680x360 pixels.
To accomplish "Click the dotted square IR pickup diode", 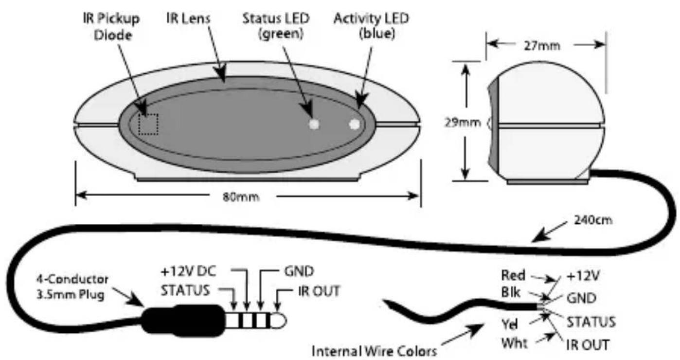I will coord(148,125).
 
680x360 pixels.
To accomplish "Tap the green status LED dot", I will coord(314,124).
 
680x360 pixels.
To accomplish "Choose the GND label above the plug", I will coord(295,270).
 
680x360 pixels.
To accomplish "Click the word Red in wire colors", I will coord(513,276).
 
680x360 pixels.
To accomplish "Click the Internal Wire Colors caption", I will coord(374,350).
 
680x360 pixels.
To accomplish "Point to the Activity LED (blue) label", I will coord(371,26).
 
